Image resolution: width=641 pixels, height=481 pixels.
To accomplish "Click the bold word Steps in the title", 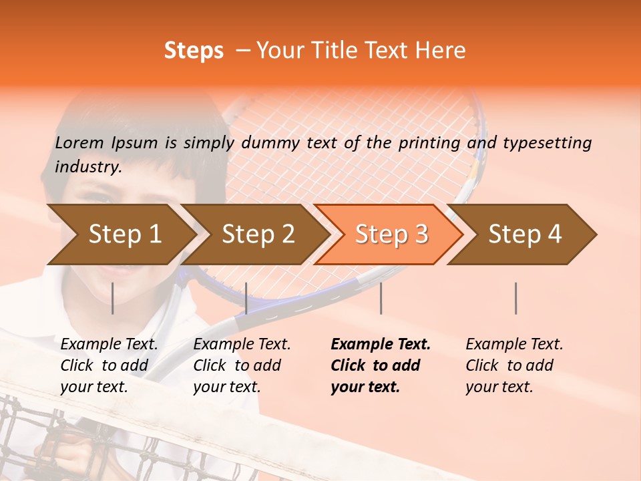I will pos(194,51).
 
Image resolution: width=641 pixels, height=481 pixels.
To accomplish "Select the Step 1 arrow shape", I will pos(124,234).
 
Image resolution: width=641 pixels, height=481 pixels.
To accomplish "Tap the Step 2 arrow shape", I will pos(258,234).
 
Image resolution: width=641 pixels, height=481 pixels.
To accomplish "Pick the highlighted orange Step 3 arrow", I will pos(391,234).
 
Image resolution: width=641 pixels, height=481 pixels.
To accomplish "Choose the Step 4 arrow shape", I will pos(525,234).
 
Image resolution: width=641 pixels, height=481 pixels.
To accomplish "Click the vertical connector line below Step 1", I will pos(113,298).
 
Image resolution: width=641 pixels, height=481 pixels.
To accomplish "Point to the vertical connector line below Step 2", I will pos(246,298).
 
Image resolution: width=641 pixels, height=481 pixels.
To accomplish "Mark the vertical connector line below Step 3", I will pos(381,298).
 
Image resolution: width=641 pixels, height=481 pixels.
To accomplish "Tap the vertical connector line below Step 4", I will pos(515,298).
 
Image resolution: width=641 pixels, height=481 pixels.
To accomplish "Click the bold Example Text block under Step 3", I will pos(381,365).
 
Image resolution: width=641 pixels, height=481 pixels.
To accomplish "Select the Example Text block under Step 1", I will pos(109,365).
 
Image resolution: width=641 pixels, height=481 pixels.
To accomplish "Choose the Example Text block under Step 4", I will pos(514,365).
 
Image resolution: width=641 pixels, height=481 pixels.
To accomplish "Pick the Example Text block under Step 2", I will pos(242,365).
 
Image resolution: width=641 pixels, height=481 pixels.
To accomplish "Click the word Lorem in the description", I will pos(79,142).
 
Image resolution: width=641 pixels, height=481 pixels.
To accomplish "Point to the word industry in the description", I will pos(87,167).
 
